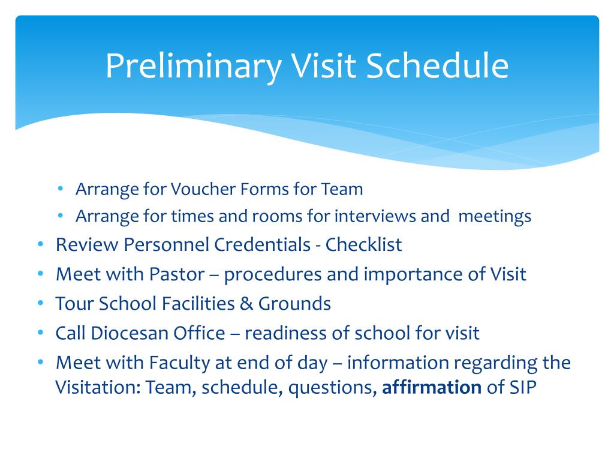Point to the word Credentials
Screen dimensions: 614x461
263,245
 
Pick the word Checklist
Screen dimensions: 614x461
363,245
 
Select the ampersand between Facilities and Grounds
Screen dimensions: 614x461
246,303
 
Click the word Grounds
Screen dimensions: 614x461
294,303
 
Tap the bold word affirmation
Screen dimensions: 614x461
432,387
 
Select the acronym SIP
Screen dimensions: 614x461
523,387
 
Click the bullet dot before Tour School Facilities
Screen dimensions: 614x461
40,303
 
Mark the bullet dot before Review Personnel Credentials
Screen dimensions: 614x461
40,244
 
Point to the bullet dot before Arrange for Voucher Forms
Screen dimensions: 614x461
60,189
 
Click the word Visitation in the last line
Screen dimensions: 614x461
98,387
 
